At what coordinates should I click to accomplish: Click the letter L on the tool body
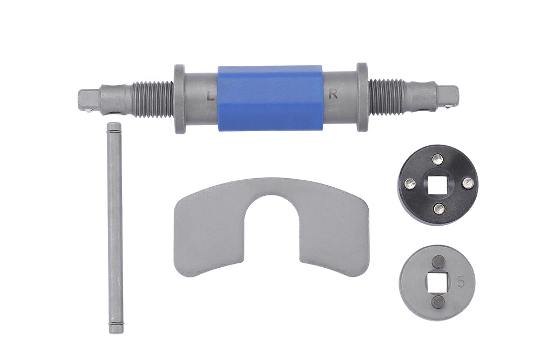point(210,97)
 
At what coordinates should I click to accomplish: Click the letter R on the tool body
point(333,95)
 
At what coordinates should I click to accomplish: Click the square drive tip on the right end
point(449,97)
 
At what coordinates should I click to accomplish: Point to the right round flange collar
point(362,97)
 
